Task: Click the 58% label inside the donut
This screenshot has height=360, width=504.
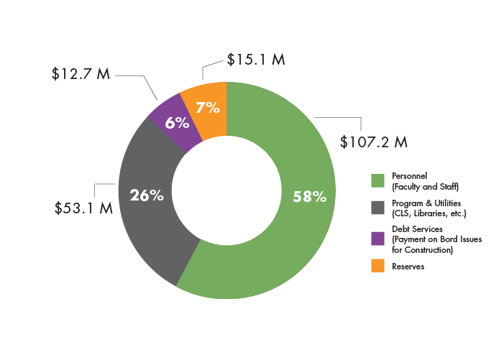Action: tap(309, 195)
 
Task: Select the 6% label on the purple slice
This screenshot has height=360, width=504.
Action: tap(177, 123)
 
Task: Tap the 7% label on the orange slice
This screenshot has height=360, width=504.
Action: tap(207, 108)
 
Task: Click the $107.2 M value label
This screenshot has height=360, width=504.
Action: tap(374, 142)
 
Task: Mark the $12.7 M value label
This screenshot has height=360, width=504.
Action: tap(81, 74)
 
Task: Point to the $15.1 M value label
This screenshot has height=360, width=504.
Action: tap(256, 59)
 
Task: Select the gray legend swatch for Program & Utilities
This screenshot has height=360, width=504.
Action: tap(377, 208)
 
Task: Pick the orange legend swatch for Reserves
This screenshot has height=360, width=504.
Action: tap(377, 266)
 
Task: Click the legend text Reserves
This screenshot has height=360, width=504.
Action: tap(408, 267)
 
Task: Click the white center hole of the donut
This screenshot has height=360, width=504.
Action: tap(226, 190)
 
